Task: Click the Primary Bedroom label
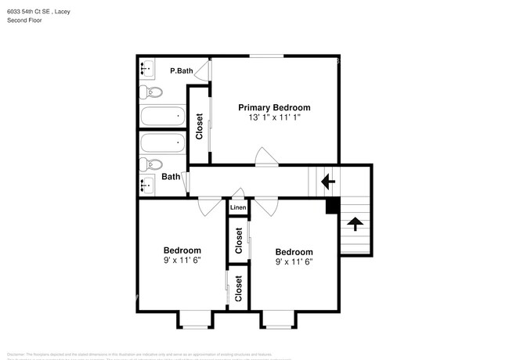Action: (274, 107)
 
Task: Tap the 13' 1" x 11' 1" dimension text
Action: (274, 117)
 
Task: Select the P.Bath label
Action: (182, 71)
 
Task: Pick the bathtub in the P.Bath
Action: (162, 117)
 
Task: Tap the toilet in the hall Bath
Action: (151, 164)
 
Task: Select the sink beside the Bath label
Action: (146, 185)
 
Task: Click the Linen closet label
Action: (238, 207)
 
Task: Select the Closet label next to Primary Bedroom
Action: (199, 126)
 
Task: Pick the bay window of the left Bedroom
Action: (195, 319)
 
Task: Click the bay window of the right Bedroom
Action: (278, 319)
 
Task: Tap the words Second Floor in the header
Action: (25, 20)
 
